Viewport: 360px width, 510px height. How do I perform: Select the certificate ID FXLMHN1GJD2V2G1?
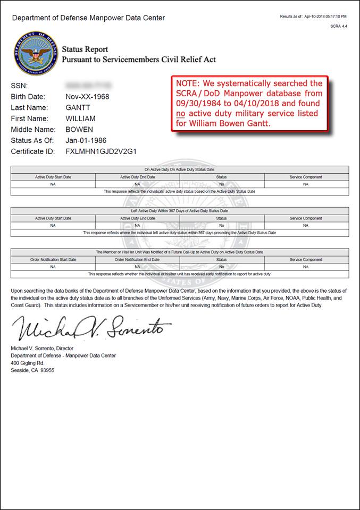tap(101, 151)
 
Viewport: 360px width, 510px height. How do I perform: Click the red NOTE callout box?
tap(249, 104)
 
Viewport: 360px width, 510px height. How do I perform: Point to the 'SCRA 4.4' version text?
tap(338, 26)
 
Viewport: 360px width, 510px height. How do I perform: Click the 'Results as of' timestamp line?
tap(313, 16)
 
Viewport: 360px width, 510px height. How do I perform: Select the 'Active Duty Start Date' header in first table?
tap(53, 177)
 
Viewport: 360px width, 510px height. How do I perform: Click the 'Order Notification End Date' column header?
tap(137, 260)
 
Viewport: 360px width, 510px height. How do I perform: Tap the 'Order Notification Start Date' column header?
tap(53, 260)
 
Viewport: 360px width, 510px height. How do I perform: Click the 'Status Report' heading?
tap(85, 49)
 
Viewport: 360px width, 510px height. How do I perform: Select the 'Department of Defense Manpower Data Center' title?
tap(88, 18)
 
